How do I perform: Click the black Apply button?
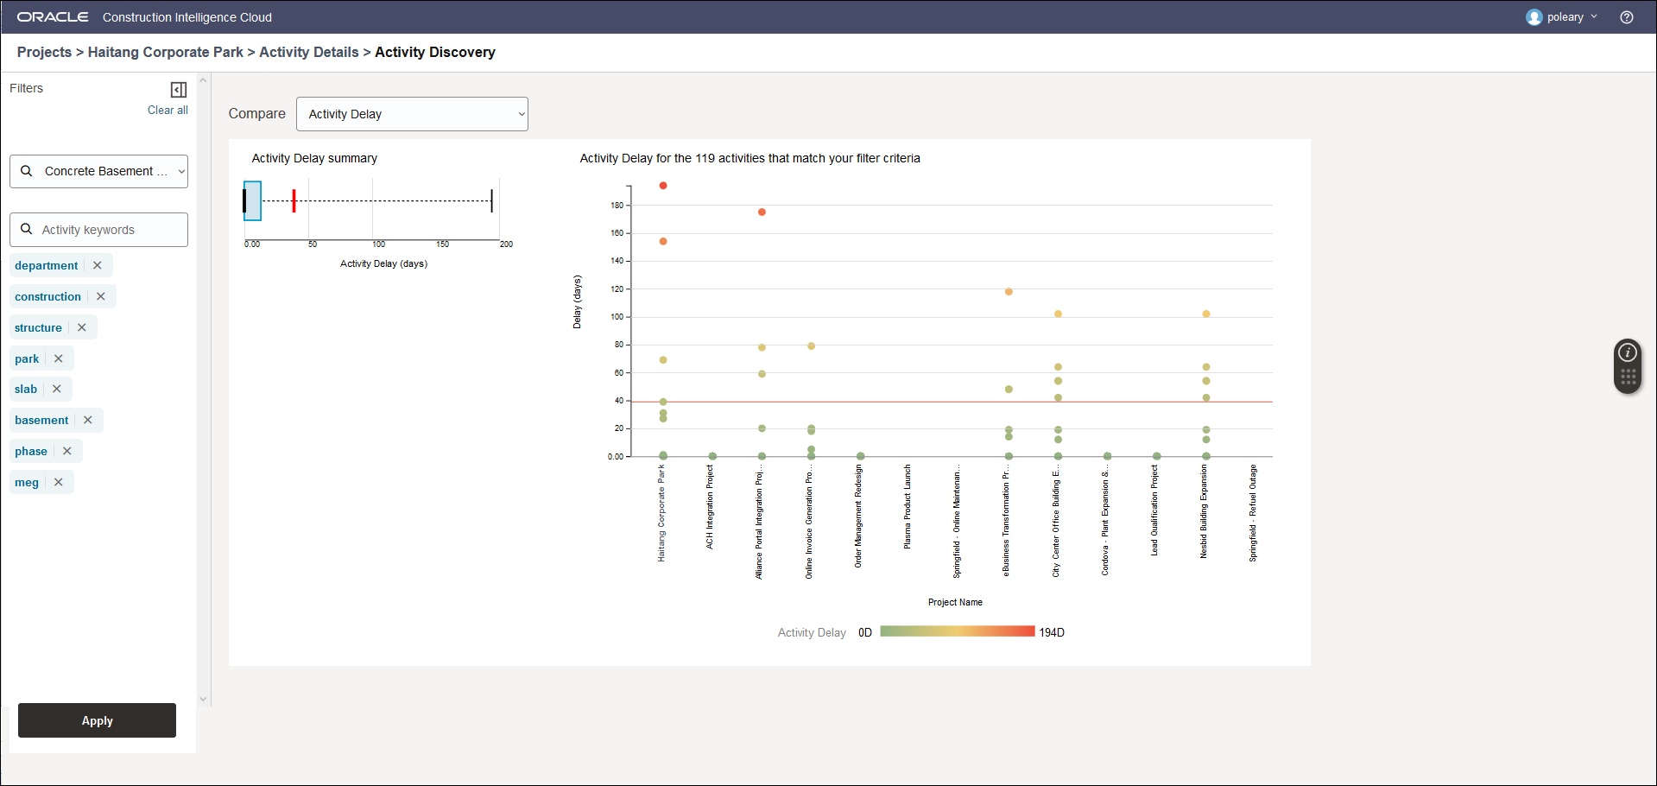97,720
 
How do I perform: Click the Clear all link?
168,110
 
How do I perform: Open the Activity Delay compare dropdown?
412,114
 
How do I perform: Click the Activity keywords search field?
99,230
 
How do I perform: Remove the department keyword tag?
98,265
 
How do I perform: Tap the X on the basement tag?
88,420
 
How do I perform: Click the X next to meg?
59,482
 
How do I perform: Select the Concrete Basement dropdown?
99,171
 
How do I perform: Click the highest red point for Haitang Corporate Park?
663,186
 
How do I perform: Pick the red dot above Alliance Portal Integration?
762,212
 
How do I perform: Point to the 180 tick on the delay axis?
617,206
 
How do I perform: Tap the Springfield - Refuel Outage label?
1253,513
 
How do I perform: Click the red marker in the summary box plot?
294,200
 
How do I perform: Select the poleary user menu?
1562,17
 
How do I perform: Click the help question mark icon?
1627,17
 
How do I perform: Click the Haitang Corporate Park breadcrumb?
166,52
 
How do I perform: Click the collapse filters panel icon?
179,90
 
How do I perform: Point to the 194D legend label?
1052,632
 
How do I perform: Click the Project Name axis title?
955,602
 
